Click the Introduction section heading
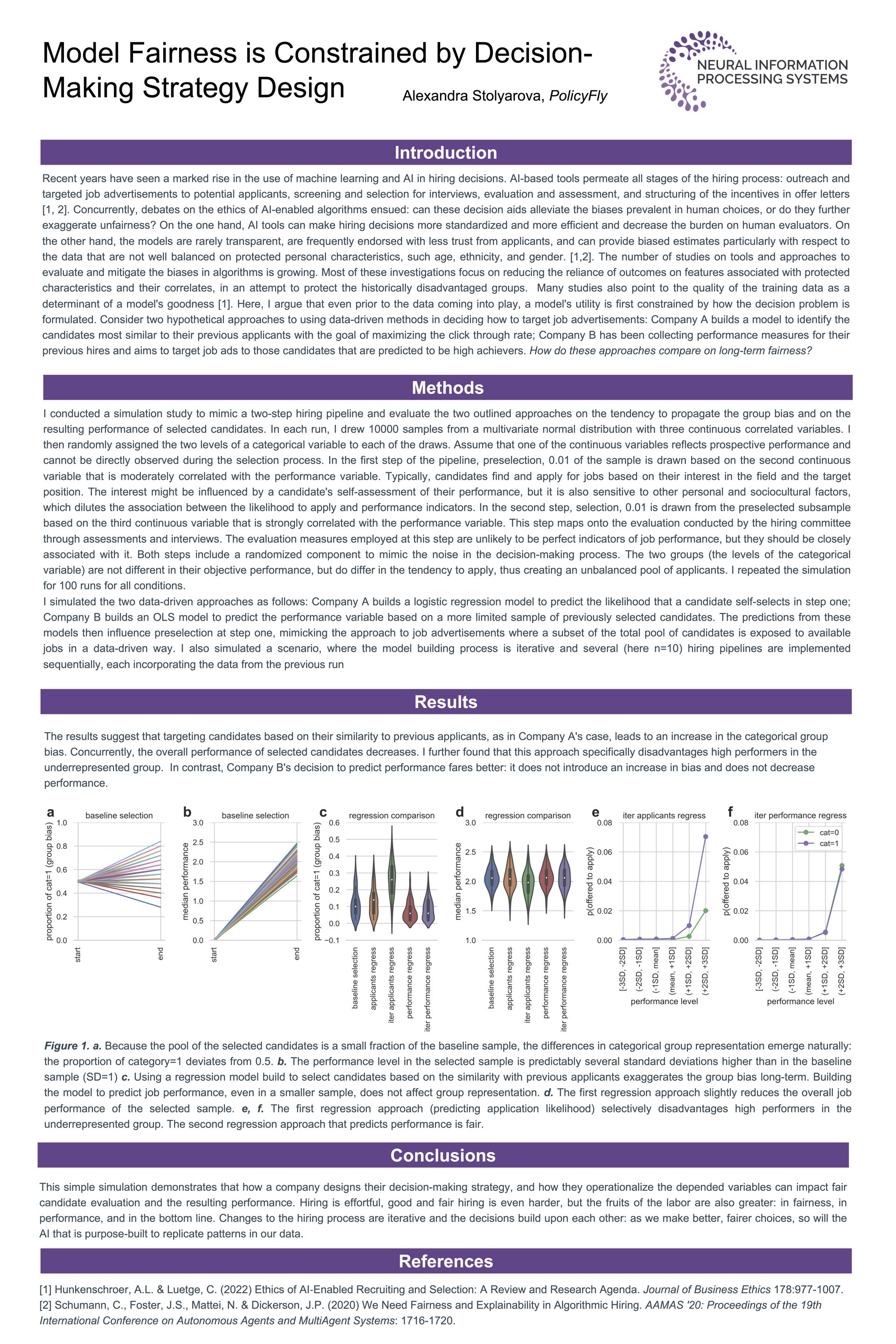click(x=445, y=153)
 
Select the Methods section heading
click(x=448, y=387)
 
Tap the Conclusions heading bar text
click(x=443, y=1155)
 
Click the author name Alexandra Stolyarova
click(x=472, y=96)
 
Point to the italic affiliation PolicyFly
click(x=578, y=96)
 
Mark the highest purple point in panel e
click(x=706, y=837)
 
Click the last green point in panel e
click(x=706, y=911)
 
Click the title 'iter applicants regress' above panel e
click(x=664, y=815)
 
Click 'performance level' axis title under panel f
click(x=800, y=1001)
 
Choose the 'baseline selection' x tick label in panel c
click(x=355, y=978)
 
